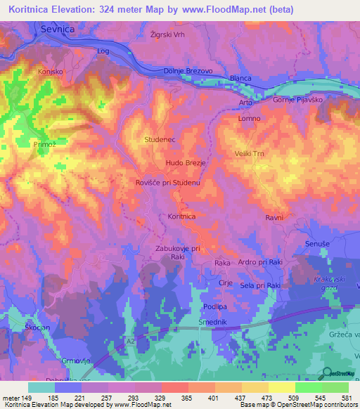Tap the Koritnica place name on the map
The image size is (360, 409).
tap(181, 217)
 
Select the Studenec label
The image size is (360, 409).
tap(160, 140)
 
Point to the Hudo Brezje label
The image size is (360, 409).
tap(186, 163)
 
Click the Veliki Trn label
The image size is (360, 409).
tap(249, 153)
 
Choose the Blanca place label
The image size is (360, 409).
tap(241, 79)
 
